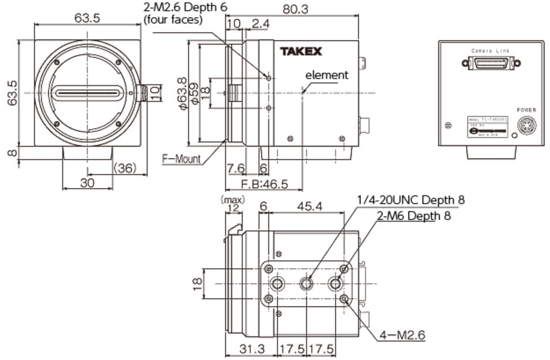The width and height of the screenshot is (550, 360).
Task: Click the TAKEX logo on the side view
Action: point(301,52)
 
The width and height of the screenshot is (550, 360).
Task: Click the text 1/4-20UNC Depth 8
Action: point(411,200)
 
